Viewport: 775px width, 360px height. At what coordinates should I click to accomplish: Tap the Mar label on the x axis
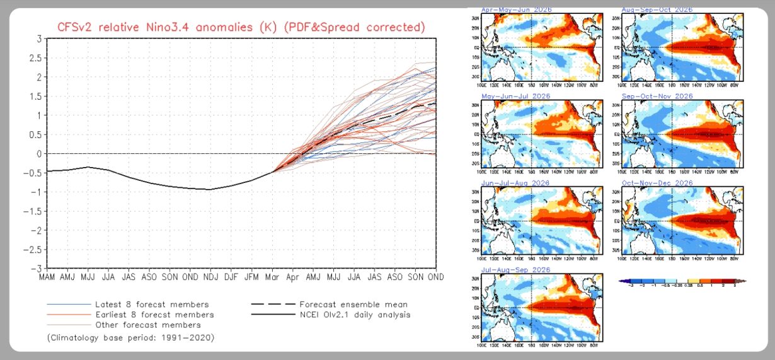272,277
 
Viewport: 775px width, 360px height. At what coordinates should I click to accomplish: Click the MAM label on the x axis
47,277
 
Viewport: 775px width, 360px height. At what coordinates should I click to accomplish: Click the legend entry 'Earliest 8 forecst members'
154,315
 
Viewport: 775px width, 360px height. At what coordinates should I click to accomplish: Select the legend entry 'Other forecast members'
148,325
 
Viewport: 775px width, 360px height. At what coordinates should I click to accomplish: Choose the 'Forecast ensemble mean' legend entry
353,304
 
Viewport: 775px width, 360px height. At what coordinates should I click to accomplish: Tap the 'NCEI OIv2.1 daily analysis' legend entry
355,315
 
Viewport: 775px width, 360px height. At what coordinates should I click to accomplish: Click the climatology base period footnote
130,339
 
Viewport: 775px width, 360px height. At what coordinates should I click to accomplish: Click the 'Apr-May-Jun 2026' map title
515,10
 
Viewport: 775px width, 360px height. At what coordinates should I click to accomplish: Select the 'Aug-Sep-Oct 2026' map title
657,10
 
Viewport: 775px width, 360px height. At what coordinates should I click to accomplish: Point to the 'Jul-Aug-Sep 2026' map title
515,270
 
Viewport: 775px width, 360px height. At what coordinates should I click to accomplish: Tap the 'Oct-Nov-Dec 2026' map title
657,183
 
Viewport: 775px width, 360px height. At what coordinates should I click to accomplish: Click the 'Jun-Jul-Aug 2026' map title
515,183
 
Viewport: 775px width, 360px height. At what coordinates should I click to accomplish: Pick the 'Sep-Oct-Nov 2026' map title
657,96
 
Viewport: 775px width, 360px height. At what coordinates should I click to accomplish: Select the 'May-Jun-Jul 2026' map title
515,96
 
